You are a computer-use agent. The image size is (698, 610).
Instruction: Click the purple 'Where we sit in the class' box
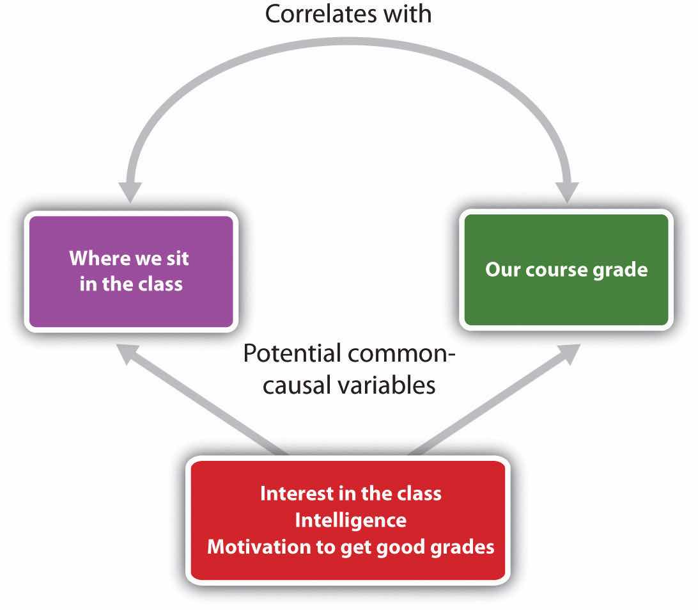pyautogui.click(x=131, y=271)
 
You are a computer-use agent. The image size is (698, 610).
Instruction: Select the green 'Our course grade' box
pyautogui.click(x=566, y=269)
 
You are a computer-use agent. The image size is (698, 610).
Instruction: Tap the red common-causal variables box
pyautogui.click(x=348, y=520)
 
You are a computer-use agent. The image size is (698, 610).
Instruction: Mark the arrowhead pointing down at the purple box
pyautogui.click(x=130, y=192)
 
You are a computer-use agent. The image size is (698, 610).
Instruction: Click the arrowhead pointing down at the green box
pyautogui.click(x=567, y=192)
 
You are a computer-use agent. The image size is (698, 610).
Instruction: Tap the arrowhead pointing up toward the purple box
pyautogui.click(x=127, y=353)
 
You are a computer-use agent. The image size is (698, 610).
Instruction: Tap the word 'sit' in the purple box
pyautogui.click(x=178, y=258)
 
